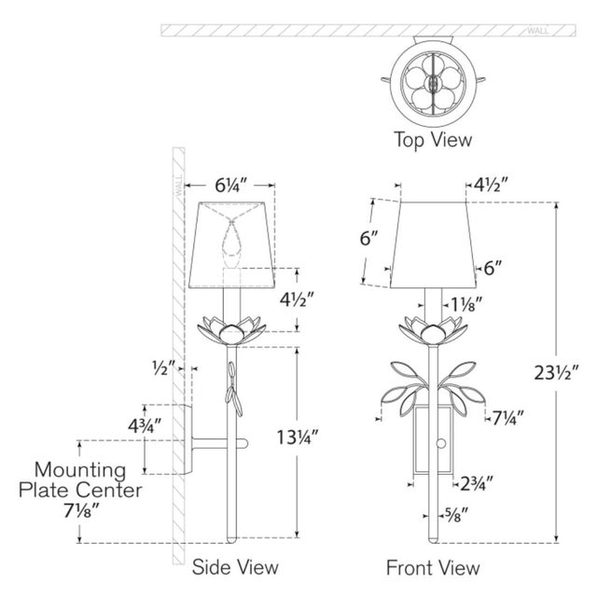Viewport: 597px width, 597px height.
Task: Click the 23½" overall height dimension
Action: click(556, 373)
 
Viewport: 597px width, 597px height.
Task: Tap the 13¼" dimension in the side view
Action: click(297, 437)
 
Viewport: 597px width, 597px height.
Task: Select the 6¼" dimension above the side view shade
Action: click(230, 186)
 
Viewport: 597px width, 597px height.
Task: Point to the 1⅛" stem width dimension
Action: click(466, 305)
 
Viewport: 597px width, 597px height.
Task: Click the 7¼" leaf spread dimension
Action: click(508, 418)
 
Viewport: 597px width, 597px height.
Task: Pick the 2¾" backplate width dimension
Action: click(477, 483)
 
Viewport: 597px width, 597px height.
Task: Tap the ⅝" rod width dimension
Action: click(456, 516)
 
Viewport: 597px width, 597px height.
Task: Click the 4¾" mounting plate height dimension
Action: click(145, 425)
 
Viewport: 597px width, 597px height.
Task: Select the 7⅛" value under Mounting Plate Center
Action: click(81, 511)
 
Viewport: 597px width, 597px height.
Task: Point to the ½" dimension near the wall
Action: click(164, 368)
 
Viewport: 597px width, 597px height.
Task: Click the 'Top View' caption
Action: click(433, 139)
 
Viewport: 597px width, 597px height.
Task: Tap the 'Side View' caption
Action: click(235, 567)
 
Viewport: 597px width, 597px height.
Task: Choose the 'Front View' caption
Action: click(433, 568)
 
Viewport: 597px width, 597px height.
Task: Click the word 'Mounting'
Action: click(80, 470)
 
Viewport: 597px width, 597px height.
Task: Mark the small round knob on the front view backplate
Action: click(441, 444)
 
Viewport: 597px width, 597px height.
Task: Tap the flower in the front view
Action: click(433, 329)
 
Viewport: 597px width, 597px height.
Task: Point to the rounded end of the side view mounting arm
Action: click(245, 444)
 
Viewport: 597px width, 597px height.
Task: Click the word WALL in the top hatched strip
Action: click(538, 31)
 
